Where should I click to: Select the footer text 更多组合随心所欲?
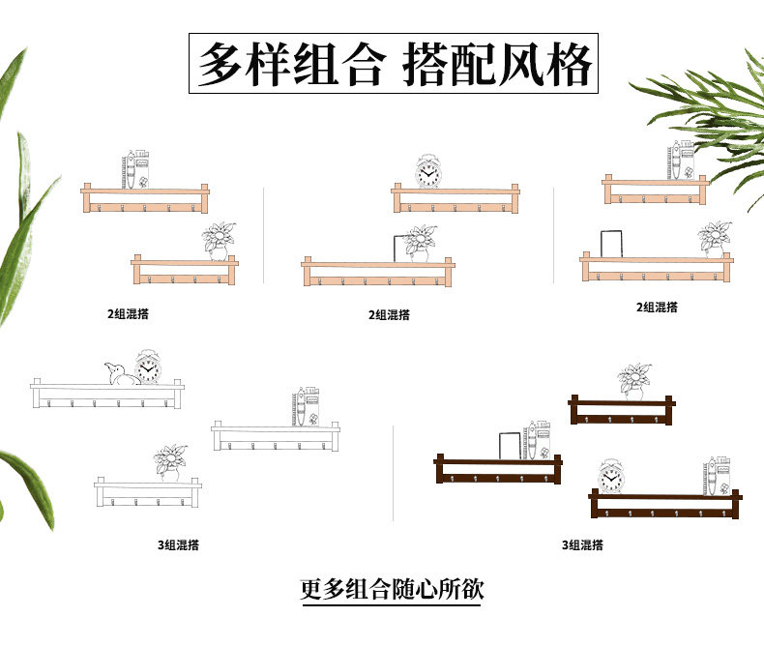pos(391,588)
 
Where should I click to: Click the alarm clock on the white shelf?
pos(147,367)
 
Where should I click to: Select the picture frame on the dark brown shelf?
pos(511,447)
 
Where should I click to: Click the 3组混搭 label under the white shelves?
pos(178,545)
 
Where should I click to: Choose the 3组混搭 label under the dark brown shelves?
pos(582,545)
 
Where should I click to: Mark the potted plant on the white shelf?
pos(171,461)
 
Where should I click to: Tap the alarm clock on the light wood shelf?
pos(428,171)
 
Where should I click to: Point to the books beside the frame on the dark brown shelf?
pos(538,440)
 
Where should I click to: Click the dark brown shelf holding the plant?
pos(622,407)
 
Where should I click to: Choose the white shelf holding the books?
pos(277,432)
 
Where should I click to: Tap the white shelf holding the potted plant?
pos(147,488)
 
